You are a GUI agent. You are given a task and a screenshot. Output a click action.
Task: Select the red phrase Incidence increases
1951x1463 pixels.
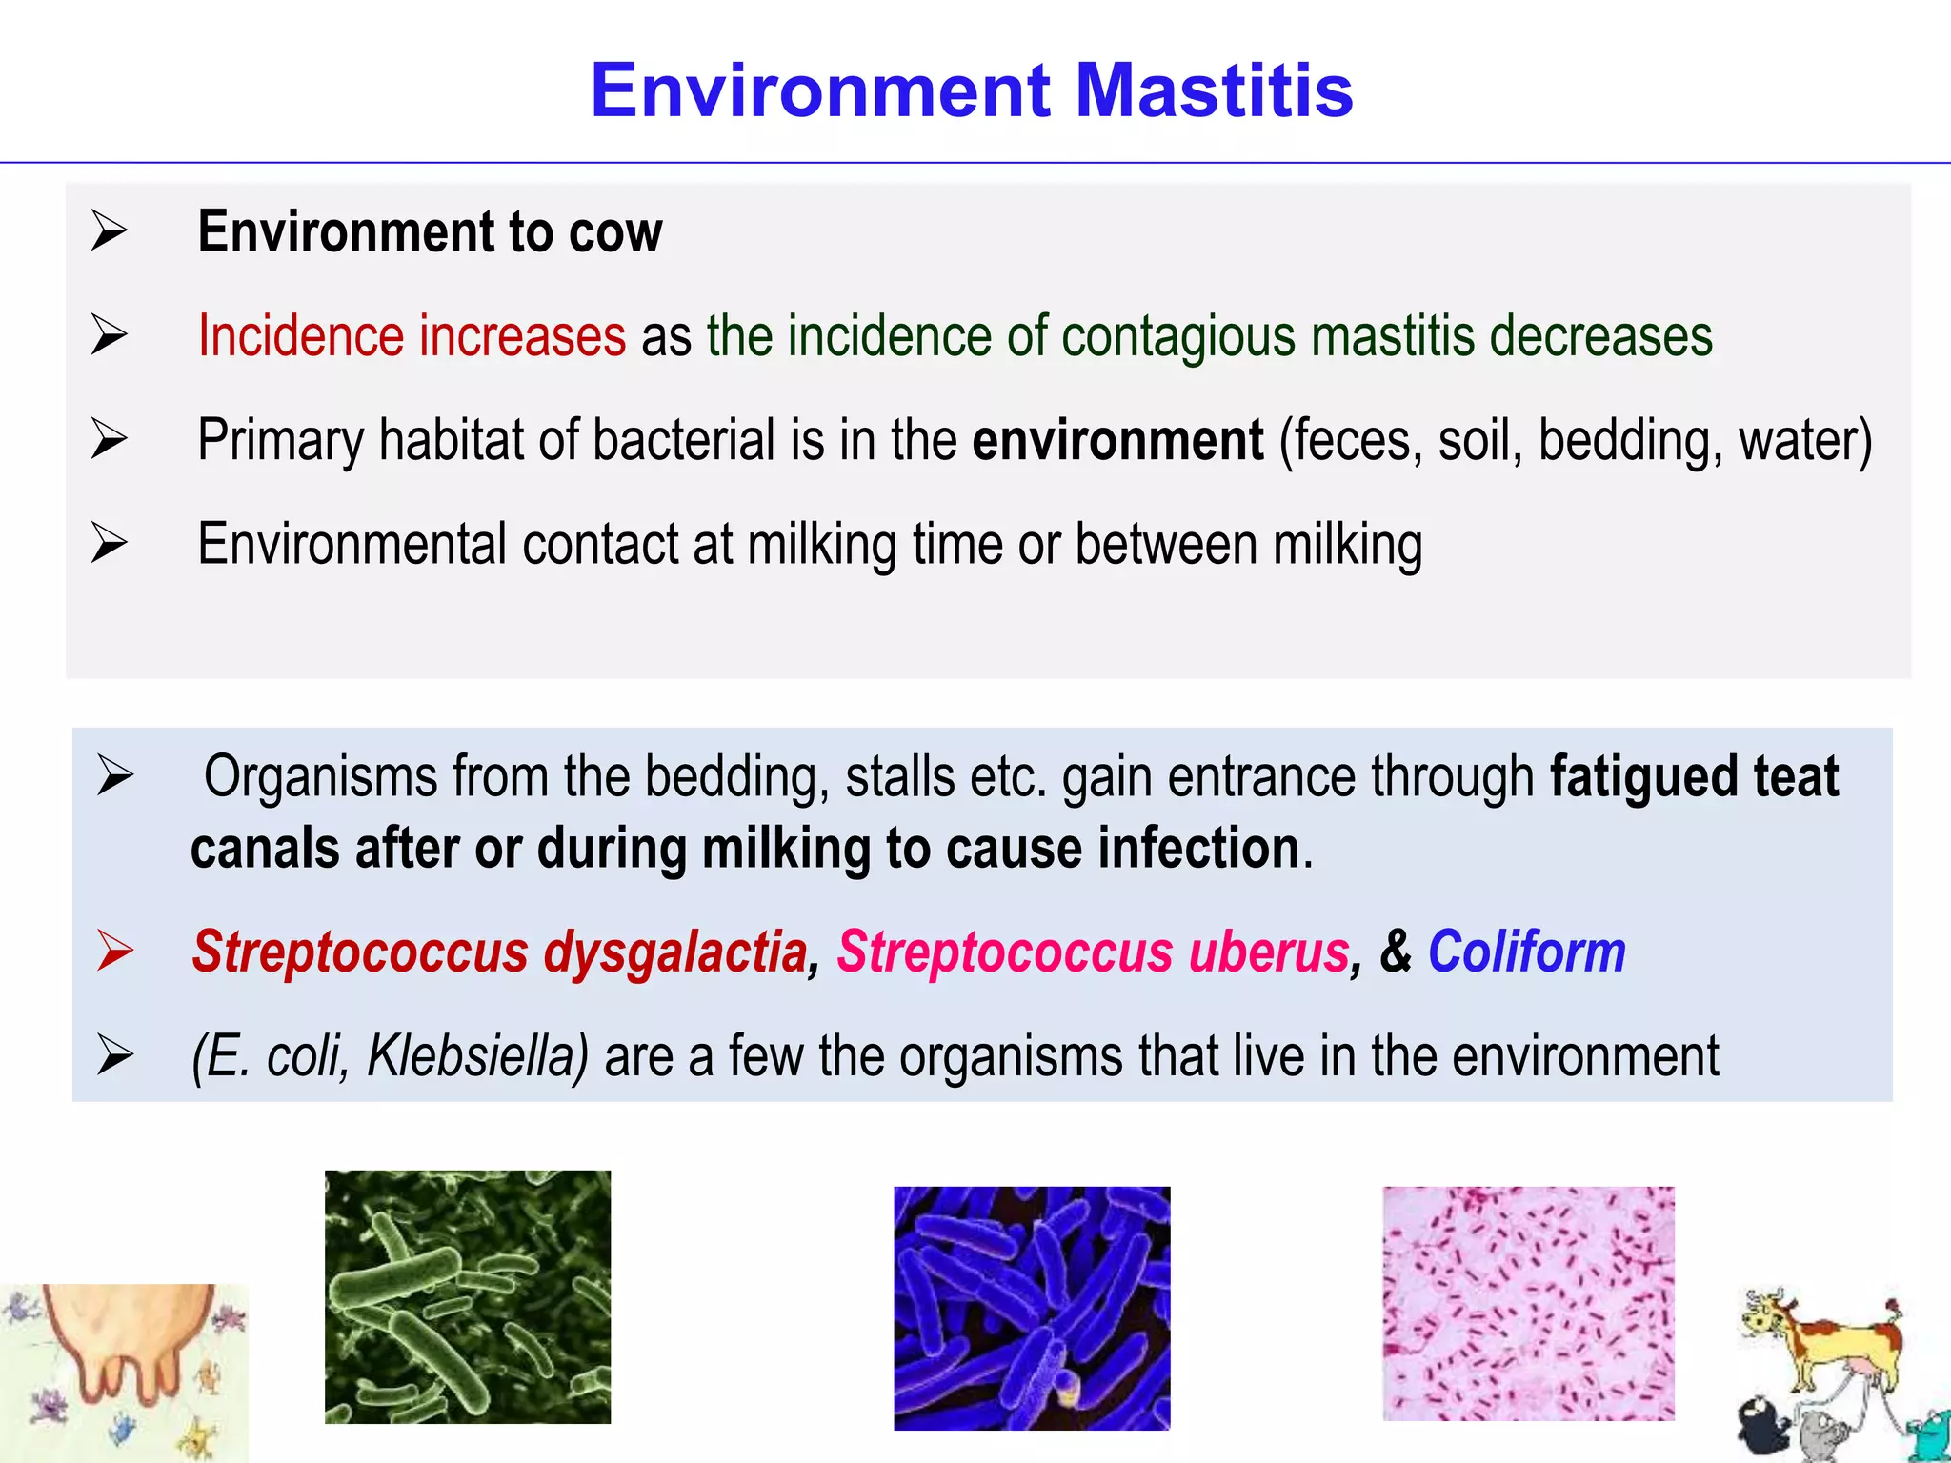(x=412, y=336)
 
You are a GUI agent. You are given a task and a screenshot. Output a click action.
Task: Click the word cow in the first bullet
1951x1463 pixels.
(x=614, y=232)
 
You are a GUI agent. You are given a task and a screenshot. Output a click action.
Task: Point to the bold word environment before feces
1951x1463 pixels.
(x=1117, y=441)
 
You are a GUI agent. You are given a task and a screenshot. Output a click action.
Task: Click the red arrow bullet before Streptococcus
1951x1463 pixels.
(x=115, y=951)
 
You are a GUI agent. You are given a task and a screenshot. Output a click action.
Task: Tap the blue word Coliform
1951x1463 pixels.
(x=1526, y=952)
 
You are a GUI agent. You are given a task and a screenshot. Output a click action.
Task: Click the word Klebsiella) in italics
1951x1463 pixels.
(x=477, y=1055)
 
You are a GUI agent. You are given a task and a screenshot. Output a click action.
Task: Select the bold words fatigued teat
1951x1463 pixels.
(x=1694, y=776)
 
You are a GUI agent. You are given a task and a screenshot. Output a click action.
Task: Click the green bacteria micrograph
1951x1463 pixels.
(x=467, y=1296)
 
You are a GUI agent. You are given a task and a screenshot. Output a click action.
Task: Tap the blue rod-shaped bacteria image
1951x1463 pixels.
(x=1031, y=1307)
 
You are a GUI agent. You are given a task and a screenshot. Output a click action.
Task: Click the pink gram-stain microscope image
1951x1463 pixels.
(x=1528, y=1303)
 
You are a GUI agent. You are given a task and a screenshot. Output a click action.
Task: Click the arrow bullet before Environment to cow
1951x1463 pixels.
(x=110, y=231)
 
